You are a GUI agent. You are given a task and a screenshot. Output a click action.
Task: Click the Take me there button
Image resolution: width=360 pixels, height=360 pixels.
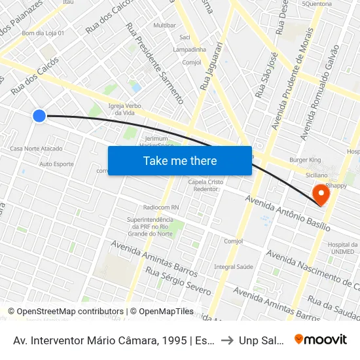(180, 161)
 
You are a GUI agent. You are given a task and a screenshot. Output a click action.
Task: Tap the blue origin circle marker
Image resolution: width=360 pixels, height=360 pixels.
(39, 116)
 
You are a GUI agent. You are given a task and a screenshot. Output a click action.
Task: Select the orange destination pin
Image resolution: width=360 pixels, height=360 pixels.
(321, 194)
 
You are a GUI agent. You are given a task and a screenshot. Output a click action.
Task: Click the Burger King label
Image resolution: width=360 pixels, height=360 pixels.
(305, 160)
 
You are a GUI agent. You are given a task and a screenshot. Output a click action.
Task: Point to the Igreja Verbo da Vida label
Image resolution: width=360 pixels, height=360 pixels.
(125, 109)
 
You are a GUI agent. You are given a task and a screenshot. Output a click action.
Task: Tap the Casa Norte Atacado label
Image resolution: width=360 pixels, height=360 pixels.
(37, 149)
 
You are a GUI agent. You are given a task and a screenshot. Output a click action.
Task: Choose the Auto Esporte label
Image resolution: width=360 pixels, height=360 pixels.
(56, 164)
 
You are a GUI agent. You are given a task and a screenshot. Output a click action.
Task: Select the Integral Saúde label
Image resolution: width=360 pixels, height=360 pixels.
(234, 266)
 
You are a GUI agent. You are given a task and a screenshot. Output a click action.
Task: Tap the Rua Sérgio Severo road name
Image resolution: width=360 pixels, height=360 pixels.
(178, 281)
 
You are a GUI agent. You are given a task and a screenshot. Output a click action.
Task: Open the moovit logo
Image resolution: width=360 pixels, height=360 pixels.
(320, 340)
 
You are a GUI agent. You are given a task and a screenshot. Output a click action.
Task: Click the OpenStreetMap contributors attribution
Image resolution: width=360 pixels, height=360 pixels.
(69, 312)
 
